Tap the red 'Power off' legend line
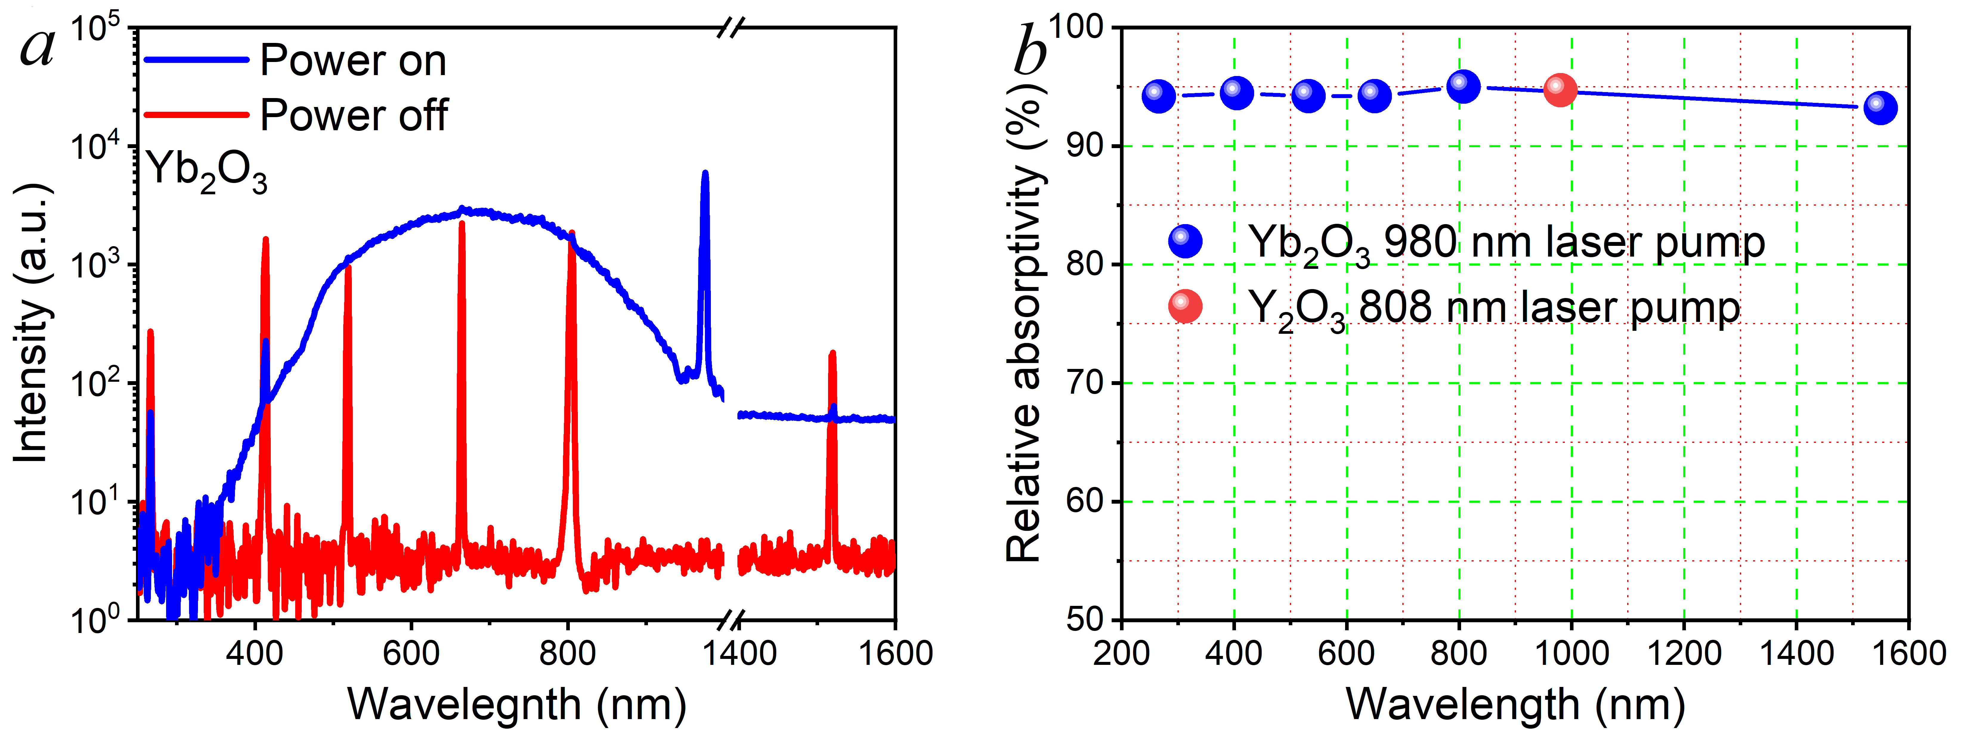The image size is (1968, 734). tap(196, 114)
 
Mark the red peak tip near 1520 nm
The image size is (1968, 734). tap(832, 353)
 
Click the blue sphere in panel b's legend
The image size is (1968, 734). tap(1185, 241)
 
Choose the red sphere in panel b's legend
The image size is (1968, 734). tap(1185, 306)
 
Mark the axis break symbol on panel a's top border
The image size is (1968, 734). tap(730, 29)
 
